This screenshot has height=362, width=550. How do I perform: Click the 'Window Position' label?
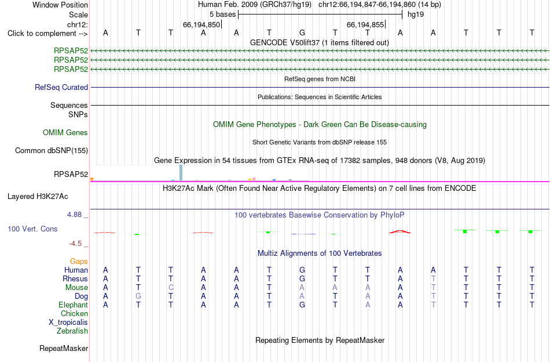pos(60,5)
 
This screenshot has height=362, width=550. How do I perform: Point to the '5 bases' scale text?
pos(223,15)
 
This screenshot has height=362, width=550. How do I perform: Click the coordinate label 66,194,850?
pos(201,24)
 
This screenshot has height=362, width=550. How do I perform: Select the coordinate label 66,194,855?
pos(365,24)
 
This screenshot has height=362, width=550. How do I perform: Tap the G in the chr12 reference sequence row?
pos(302,33)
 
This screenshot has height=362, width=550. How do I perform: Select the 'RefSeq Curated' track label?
pos(61,87)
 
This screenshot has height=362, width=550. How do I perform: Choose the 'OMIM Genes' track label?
pos(65,132)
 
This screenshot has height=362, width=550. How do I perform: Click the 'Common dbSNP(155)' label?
pos(52,150)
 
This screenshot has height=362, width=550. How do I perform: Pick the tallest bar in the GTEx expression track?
pos(181,172)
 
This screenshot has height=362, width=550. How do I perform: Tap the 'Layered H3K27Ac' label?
pos(38,197)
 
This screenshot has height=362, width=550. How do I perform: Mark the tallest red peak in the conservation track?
pos(400,231)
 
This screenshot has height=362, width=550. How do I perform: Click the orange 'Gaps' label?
pos(79,261)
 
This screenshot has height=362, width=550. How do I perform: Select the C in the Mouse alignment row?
pos(171,288)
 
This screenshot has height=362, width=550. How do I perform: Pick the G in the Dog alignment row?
pos(138,296)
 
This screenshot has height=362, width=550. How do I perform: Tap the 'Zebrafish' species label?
pos(72,331)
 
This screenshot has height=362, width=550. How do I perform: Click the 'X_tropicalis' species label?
pos(68,323)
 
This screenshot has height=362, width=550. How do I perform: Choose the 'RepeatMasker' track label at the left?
pos(64,348)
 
